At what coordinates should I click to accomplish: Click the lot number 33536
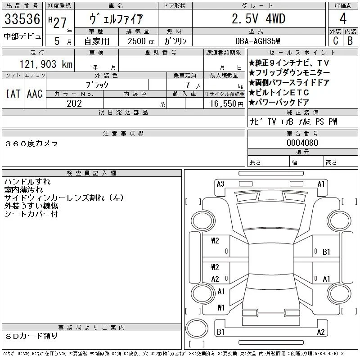point(22,18)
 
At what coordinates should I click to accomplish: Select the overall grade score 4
point(343,18)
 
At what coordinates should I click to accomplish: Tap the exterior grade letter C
point(336,40)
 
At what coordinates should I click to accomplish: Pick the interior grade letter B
point(350,40)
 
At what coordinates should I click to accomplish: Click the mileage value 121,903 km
point(46,64)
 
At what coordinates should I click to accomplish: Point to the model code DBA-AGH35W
point(257,41)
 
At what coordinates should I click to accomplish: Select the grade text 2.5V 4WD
point(258,18)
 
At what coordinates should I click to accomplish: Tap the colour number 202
point(74,103)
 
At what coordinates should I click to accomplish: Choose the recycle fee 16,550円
point(226,103)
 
